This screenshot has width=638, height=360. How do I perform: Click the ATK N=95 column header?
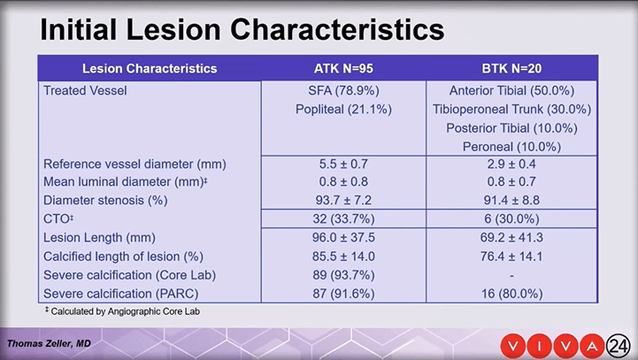tap(343, 68)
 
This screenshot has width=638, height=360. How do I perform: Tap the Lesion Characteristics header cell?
tap(150, 68)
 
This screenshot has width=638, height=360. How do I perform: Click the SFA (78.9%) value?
tap(343, 91)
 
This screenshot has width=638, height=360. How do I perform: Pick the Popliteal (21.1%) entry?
tap(343, 110)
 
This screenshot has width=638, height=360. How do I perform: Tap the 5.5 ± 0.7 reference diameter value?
tap(343, 165)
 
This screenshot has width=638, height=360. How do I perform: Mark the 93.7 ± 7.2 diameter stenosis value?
tap(343, 201)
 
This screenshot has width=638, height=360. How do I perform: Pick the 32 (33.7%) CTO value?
tap(343, 219)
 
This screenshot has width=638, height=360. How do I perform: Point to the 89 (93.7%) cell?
tap(343, 275)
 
